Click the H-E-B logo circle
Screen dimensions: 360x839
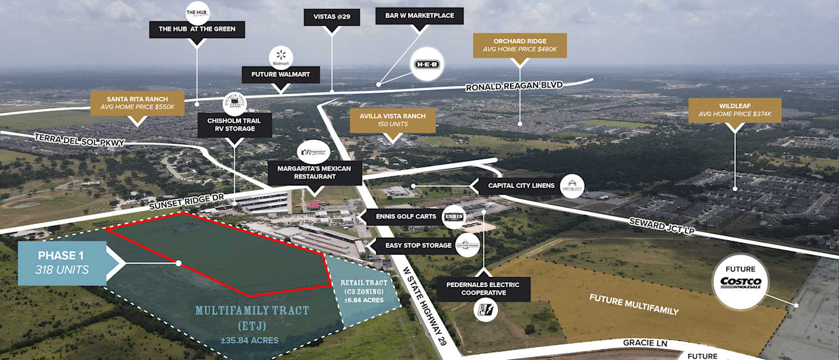(x=427, y=64)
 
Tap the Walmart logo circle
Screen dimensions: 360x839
(x=281, y=58)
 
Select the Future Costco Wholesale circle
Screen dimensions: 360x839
(x=740, y=283)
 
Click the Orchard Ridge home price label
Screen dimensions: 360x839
(x=520, y=45)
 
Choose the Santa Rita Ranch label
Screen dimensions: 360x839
(x=137, y=103)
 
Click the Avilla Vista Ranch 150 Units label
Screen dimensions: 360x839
(x=392, y=120)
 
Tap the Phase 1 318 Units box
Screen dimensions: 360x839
(x=62, y=263)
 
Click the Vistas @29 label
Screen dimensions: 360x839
(x=331, y=17)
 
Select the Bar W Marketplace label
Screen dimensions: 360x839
(x=419, y=16)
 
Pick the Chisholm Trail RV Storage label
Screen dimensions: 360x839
(x=235, y=124)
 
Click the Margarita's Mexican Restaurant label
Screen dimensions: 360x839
(x=314, y=173)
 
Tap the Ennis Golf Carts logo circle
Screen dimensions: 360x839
(x=453, y=217)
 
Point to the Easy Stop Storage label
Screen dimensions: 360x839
(x=418, y=245)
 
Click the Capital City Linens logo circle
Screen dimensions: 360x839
(x=572, y=186)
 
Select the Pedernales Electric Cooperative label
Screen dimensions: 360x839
(x=482, y=289)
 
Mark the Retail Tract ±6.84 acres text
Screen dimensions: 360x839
(x=362, y=291)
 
